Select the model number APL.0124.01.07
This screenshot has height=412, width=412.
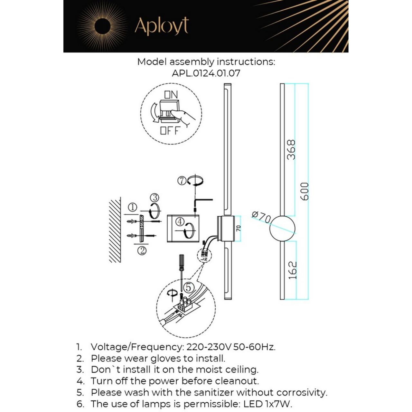click(206, 73)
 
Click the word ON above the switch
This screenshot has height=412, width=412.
click(171, 95)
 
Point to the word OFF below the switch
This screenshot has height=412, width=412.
click(169, 131)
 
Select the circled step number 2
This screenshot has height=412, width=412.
click(142, 250)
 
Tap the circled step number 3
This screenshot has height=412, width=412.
click(155, 197)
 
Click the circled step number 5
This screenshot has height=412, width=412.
click(189, 287)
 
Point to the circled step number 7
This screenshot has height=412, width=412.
click(182, 181)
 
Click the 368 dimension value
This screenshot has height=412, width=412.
click(291, 150)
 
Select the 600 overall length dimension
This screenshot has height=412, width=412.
click(304, 191)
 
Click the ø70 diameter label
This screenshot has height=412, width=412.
click(261, 217)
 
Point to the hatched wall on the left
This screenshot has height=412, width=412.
click(115, 230)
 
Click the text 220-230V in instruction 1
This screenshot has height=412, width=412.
click(209, 347)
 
